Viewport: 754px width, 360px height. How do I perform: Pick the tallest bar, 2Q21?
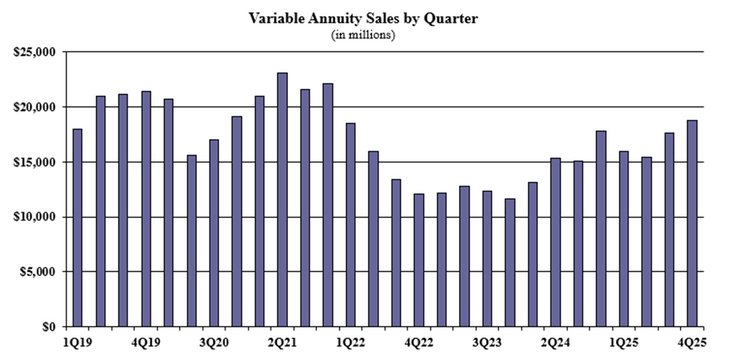282,199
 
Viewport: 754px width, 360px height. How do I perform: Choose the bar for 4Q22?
419,260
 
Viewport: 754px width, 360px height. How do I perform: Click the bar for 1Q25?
623,239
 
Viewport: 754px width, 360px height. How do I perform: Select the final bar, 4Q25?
692,223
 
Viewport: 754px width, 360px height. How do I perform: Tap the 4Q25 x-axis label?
692,342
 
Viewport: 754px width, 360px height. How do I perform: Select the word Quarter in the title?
451,19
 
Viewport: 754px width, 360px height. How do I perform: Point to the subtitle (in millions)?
363,35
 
